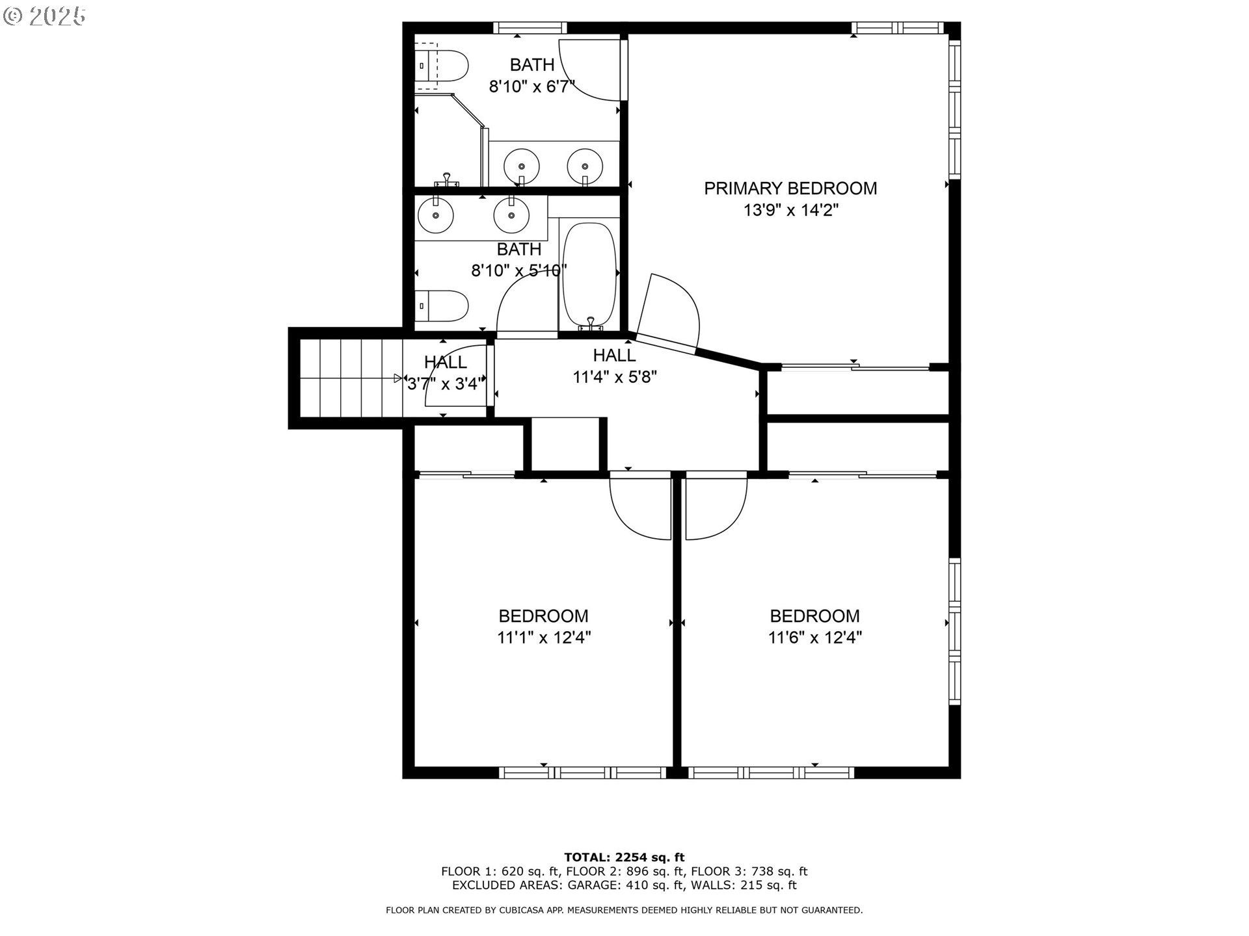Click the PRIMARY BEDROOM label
point(790,188)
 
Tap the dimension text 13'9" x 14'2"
point(791,211)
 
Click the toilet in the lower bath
point(442,306)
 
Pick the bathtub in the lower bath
point(589,276)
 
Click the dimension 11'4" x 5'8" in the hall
point(614,377)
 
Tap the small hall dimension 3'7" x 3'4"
point(446,384)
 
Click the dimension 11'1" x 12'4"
point(544,638)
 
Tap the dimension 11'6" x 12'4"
point(814,638)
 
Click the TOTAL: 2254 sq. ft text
point(624,857)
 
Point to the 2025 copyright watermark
point(46,16)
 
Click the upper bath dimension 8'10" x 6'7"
point(531,86)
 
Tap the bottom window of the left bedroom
point(583,772)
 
